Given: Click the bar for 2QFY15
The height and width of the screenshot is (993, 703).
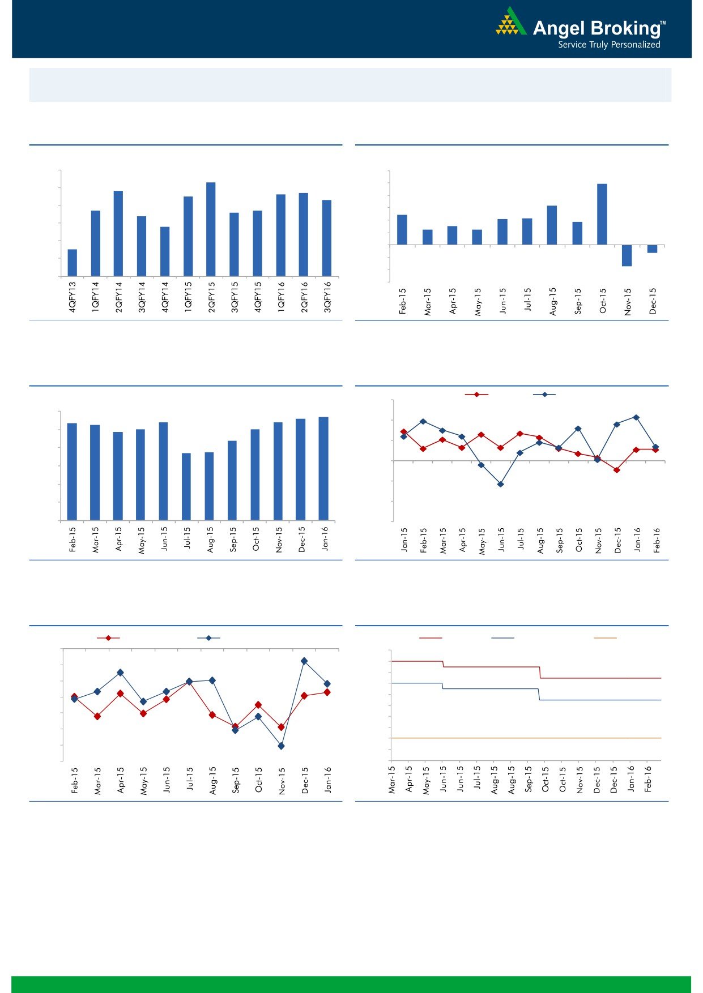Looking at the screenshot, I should (x=211, y=229).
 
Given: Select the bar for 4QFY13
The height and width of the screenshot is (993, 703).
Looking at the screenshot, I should (x=73, y=263).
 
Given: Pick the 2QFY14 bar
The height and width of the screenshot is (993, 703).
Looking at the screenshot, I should (x=118, y=233).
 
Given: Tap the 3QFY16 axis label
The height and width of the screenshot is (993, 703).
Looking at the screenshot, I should (x=327, y=297).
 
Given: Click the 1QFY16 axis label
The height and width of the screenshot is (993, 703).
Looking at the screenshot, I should (x=281, y=297).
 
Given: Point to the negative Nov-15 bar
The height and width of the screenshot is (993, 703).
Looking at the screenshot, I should (x=627, y=255).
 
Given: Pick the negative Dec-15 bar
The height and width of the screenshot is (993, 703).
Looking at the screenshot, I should (x=652, y=249).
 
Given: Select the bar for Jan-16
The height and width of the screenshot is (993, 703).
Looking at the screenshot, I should (x=323, y=468).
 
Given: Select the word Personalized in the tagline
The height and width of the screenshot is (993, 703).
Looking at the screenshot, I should (x=636, y=45).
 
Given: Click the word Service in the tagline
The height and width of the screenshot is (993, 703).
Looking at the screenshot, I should (x=572, y=45).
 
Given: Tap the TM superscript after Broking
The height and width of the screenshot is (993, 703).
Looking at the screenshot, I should (x=663, y=23).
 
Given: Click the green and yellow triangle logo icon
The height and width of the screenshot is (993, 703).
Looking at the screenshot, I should (x=511, y=23).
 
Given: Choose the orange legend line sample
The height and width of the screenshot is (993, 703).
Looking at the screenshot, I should (x=605, y=638).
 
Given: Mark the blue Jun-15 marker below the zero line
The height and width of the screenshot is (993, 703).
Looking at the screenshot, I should (x=500, y=484).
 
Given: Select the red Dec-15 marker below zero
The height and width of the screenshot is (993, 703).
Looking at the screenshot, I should (x=617, y=470).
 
